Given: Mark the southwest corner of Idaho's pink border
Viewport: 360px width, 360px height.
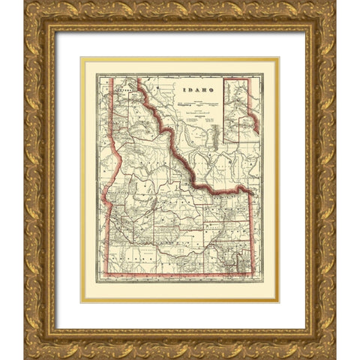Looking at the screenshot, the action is [103, 274].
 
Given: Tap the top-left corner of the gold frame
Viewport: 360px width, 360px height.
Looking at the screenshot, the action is [25, 2].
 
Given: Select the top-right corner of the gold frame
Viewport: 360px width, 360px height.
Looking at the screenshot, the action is [335, 2].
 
